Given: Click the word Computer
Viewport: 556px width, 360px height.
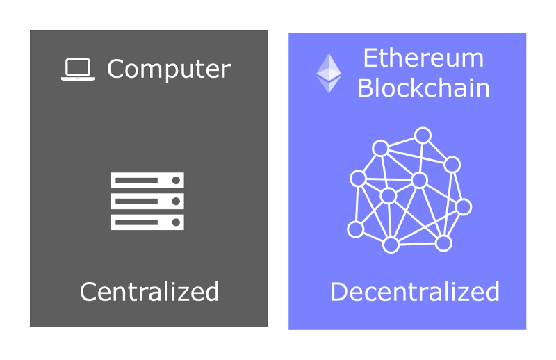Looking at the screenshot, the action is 169,69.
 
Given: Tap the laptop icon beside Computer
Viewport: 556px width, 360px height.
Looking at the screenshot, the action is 78,69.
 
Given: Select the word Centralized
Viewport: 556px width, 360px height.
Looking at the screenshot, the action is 149,292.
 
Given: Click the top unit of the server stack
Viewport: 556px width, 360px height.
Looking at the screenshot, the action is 147,180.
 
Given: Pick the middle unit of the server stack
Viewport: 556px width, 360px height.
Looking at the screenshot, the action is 147,201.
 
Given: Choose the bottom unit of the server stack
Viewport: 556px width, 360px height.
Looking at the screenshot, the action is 147,222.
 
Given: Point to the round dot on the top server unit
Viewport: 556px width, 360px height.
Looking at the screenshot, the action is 176,181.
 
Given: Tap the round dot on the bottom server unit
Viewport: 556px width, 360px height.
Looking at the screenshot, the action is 176,222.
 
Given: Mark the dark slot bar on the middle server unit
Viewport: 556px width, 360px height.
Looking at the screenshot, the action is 136,202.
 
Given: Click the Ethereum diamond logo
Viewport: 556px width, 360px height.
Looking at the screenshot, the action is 329,73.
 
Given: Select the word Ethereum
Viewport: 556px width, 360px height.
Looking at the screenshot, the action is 423,58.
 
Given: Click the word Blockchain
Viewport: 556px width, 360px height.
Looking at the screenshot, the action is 424,88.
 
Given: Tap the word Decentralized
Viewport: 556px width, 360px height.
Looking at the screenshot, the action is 415,292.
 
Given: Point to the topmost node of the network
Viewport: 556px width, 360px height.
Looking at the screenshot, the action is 423,136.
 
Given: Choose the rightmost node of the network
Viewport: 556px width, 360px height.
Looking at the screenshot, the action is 463,207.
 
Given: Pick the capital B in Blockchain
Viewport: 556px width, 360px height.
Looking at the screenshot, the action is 366,88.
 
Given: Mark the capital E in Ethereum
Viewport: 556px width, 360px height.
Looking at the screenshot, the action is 370,58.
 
